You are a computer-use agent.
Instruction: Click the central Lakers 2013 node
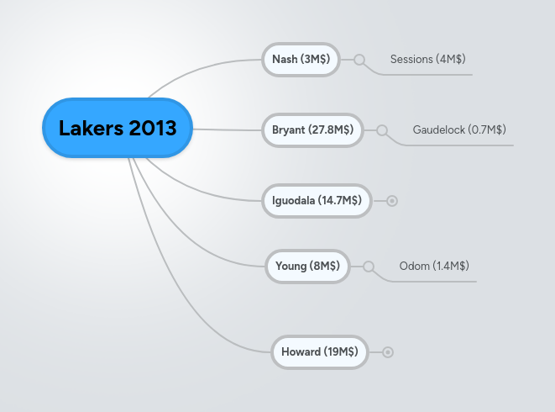click(118, 129)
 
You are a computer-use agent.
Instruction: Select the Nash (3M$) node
click(301, 60)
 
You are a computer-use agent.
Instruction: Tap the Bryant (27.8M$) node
click(312, 130)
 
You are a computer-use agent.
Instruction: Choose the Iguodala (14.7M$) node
click(317, 200)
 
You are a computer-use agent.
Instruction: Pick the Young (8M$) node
click(307, 266)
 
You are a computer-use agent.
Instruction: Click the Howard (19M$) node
click(320, 351)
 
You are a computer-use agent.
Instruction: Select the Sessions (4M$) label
click(427, 60)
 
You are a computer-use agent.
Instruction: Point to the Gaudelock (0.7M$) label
click(458, 130)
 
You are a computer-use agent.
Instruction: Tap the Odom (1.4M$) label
click(433, 266)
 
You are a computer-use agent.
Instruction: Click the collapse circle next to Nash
click(359, 60)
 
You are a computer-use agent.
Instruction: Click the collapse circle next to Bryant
click(382, 130)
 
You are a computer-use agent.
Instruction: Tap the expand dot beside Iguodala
click(392, 201)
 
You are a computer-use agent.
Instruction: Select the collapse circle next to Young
click(369, 266)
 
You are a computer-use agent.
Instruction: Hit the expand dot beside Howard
click(388, 352)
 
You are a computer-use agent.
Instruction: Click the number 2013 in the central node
click(153, 129)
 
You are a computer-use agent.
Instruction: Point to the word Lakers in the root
click(90, 129)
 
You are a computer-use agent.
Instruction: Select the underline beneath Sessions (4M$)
click(428, 74)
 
